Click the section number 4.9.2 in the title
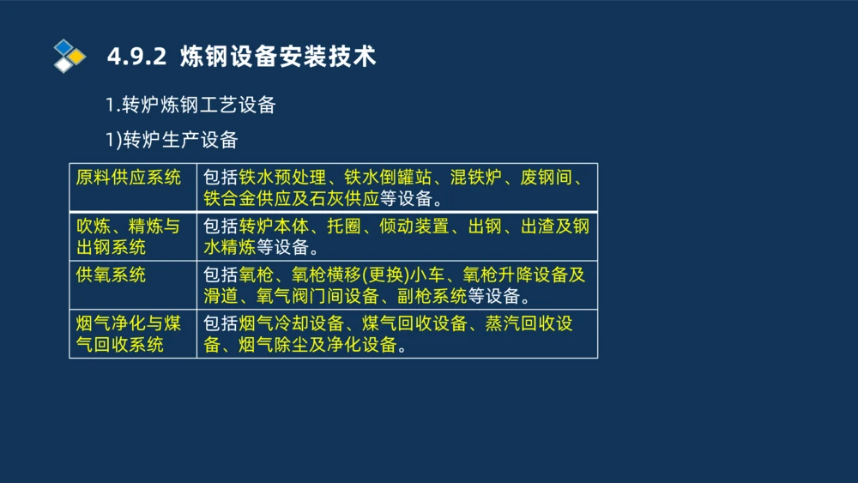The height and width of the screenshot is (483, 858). click(x=136, y=57)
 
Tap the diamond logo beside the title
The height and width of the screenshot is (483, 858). click(x=69, y=55)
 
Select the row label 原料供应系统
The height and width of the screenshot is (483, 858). click(x=129, y=178)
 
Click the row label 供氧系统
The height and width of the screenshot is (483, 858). click(x=112, y=275)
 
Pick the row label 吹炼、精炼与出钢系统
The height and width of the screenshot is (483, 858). click(x=129, y=237)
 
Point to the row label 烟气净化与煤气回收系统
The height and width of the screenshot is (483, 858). click(x=129, y=335)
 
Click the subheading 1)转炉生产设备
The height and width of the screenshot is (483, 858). click(x=172, y=140)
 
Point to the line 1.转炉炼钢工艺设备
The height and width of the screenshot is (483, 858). click(x=190, y=106)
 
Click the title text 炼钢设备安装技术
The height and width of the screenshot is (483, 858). click(x=278, y=57)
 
